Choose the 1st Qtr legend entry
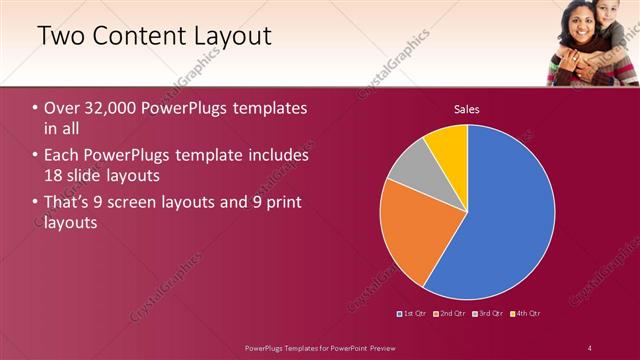(x=412, y=314)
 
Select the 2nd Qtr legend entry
(x=451, y=314)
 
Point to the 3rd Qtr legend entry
(x=488, y=314)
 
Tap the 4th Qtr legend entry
(x=525, y=314)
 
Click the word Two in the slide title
(x=61, y=37)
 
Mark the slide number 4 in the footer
(x=590, y=347)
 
